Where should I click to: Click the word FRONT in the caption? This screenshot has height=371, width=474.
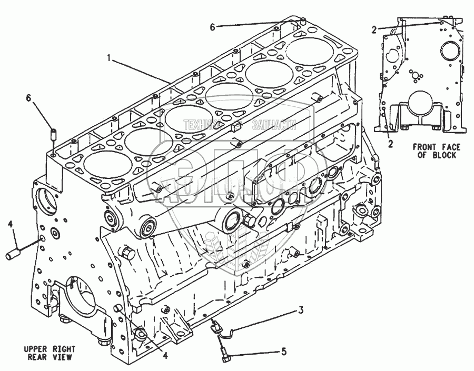[423, 147]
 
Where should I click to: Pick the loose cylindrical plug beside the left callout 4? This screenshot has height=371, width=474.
[13, 255]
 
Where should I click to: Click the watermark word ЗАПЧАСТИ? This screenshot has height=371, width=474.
[274, 125]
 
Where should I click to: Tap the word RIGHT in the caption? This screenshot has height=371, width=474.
[64, 349]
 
